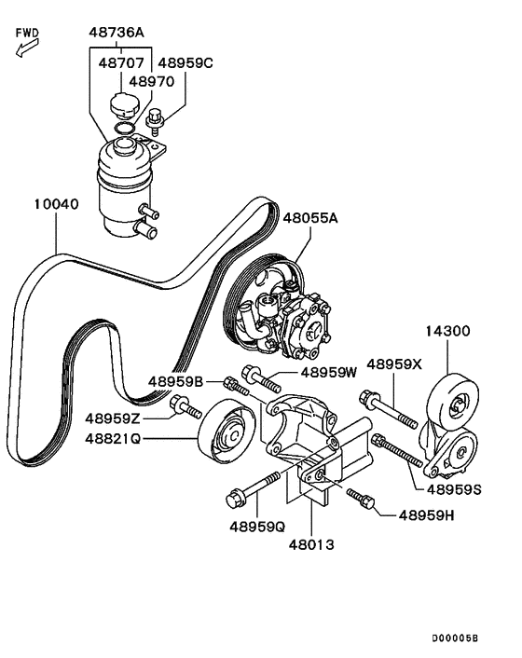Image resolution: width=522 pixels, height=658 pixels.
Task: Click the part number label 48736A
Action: point(117,33)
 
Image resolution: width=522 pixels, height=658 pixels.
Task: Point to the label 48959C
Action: point(183,63)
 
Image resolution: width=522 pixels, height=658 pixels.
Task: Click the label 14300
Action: point(448,330)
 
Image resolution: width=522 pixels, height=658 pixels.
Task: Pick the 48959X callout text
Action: point(396,364)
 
